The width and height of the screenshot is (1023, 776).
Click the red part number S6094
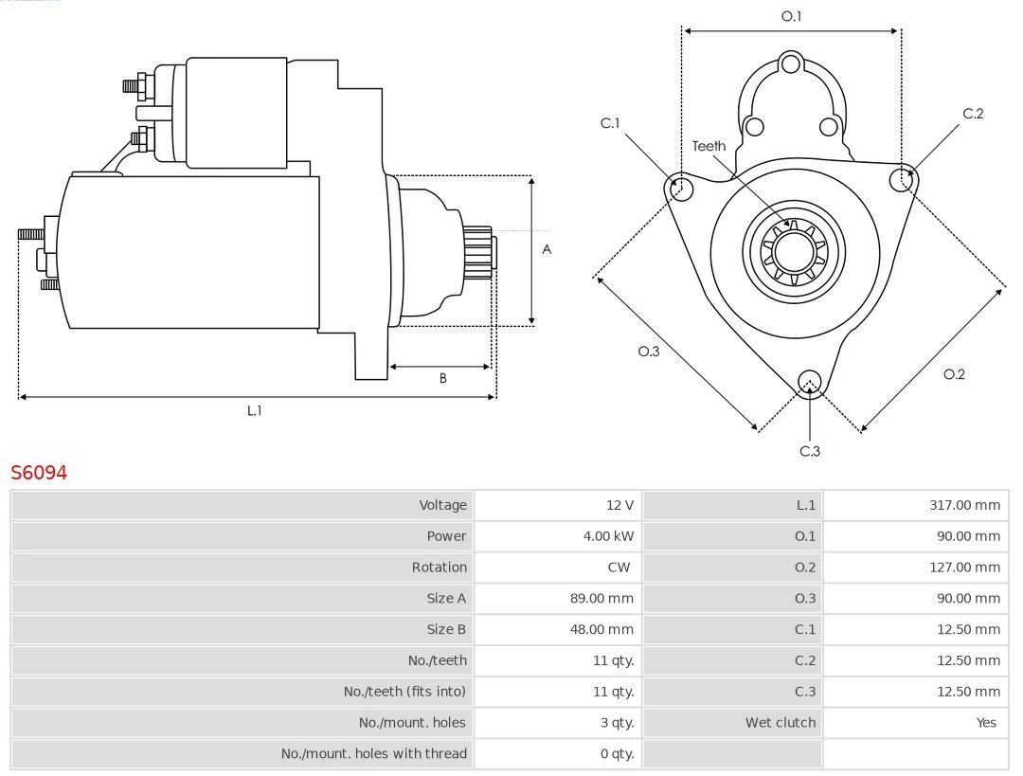(39, 472)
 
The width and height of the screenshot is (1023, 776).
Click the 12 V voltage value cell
(621, 505)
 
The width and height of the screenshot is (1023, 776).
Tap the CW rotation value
(619, 568)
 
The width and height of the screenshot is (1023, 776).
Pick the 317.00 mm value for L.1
(964, 505)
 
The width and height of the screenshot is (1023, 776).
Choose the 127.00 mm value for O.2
(964, 568)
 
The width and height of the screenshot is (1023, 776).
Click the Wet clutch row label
(780, 723)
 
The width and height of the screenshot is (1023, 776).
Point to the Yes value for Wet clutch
(986, 723)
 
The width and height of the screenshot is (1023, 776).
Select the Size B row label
(446, 629)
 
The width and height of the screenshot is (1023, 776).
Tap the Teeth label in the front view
(709, 146)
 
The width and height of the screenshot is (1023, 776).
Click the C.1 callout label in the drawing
(610, 123)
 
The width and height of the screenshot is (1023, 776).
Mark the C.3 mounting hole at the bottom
(809, 382)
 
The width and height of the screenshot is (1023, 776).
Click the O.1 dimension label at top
(791, 16)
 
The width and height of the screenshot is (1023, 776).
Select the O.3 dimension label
(648, 351)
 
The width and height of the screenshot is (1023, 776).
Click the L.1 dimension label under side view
(255, 410)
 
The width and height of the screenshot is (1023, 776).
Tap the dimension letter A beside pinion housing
(547, 250)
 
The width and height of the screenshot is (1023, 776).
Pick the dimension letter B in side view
(442, 378)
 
